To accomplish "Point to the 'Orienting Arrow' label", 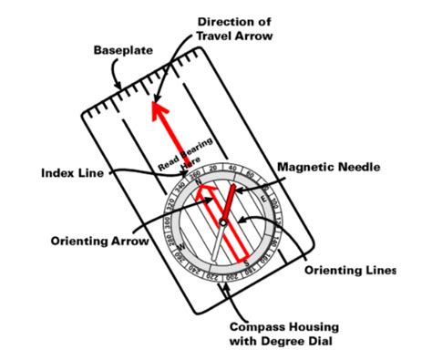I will (x=83, y=241).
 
